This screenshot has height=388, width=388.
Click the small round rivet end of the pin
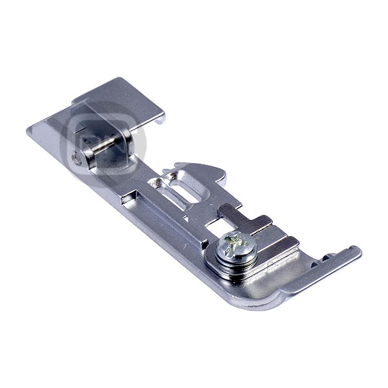[78, 155]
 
